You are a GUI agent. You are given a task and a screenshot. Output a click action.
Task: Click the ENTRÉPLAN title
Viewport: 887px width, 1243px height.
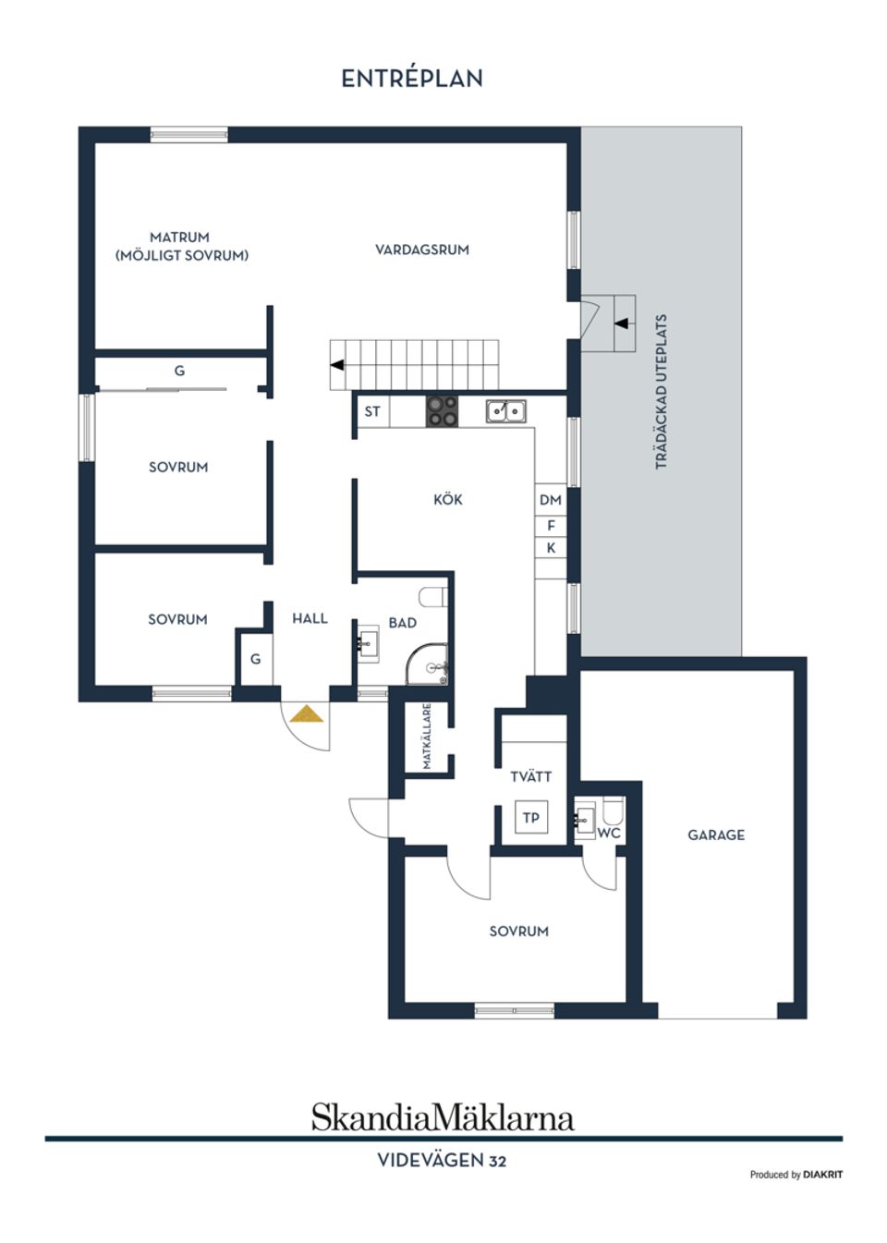[x=412, y=79]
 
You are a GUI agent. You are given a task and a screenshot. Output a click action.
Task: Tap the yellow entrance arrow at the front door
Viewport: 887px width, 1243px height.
[x=306, y=713]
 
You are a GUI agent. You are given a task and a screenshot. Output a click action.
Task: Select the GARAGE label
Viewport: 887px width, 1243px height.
[x=715, y=835]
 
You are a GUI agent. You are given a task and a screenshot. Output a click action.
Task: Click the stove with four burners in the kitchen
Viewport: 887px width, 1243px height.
[x=442, y=411]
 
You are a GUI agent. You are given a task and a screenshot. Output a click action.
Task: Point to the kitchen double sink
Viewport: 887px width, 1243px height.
[x=505, y=410]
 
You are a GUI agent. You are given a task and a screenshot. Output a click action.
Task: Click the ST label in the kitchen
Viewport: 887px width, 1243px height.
[x=372, y=411]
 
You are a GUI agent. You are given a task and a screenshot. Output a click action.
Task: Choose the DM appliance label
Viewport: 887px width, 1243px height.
[x=551, y=500]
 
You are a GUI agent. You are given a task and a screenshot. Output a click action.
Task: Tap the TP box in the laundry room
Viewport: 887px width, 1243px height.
[x=530, y=818]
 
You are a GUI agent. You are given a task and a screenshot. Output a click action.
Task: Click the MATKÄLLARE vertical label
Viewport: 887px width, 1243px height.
[x=427, y=737]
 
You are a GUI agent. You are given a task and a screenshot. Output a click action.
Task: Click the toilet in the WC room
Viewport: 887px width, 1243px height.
[x=612, y=812]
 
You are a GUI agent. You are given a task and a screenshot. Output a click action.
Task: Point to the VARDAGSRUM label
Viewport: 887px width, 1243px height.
[x=421, y=250]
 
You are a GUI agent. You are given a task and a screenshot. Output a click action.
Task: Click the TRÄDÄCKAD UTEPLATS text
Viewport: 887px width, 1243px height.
[x=661, y=392]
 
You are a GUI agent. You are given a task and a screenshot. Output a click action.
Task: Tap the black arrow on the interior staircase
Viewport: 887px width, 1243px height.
[x=337, y=365]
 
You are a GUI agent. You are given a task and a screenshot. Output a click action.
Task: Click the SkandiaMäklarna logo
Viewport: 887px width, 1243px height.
[x=442, y=1116]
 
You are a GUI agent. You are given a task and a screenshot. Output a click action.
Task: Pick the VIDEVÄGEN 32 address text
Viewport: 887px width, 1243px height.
[x=442, y=1161]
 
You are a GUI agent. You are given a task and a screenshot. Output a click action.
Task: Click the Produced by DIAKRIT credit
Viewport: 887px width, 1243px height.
[x=796, y=1175]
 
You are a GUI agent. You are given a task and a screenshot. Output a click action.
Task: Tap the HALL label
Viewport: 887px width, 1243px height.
[x=310, y=618]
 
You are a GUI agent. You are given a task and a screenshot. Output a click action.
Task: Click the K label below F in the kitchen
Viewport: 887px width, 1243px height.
[x=551, y=548]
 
